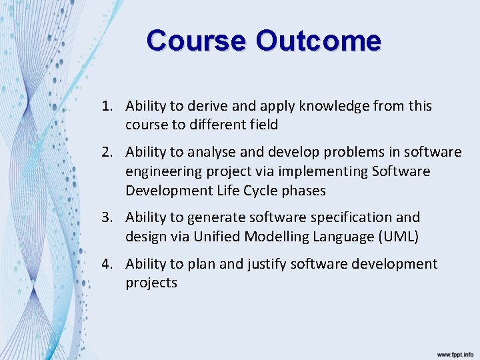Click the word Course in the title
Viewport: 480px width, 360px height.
(x=196, y=41)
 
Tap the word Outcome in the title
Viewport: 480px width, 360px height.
(x=318, y=41)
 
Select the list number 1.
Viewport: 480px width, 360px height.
(x=106, y=106)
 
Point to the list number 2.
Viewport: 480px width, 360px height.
(x=107, y=152)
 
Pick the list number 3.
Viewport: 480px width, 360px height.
(x=107, y=217)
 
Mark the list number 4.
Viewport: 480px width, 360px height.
(x=107, y=264)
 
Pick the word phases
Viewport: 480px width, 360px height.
(x=303, y=191)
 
